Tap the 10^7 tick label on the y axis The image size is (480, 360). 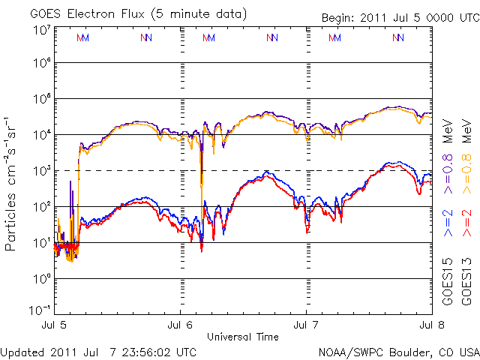42,30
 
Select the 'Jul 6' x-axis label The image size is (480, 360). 181,325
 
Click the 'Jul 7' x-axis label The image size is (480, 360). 306,325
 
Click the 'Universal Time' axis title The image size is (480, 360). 243,337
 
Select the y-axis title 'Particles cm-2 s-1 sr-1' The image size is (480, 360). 13,183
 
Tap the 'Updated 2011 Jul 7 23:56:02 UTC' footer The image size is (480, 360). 99,351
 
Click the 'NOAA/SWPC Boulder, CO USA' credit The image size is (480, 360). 398,351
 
